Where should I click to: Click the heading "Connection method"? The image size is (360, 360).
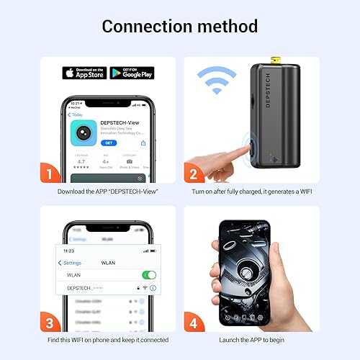tap(179, 27)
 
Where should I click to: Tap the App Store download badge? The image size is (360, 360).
tap(84, 73)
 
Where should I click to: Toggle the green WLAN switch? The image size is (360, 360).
tap(149, 275)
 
